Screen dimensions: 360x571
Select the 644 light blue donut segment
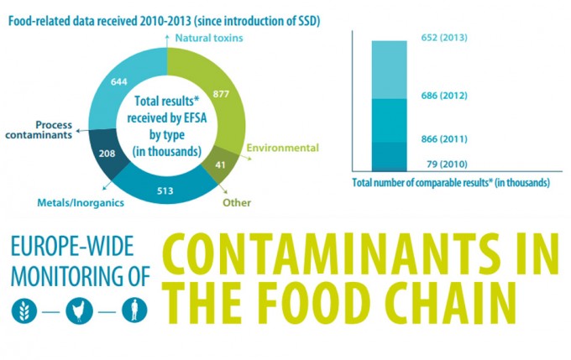[x=118, y=81]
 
